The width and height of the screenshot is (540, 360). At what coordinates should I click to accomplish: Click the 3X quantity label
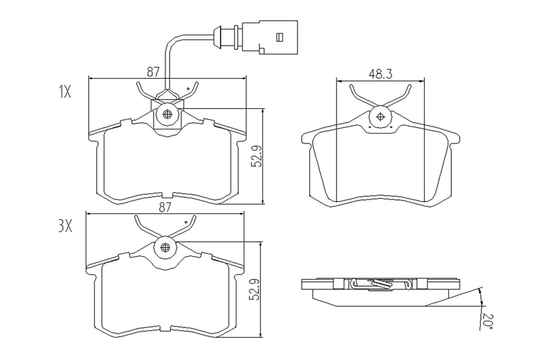point(65,227)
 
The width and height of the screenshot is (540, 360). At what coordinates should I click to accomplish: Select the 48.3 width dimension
point(380,74)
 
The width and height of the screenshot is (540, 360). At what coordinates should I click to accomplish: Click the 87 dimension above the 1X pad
point(153,72)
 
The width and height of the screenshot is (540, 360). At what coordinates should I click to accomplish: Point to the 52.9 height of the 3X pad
point(256,290)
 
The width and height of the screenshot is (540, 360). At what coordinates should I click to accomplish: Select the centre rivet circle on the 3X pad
point(165,247)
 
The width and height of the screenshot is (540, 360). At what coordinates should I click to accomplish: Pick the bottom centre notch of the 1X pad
point(167,195)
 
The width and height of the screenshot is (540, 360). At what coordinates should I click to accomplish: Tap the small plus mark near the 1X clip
point(189,89)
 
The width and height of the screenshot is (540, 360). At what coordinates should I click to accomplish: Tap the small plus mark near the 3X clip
point(185,222)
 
